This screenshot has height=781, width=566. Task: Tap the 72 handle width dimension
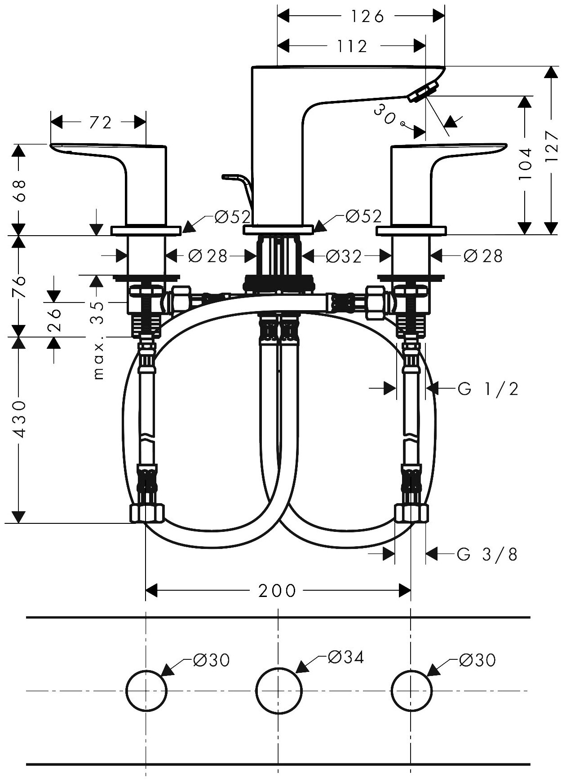point(101,122)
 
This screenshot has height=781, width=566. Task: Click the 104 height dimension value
point(525,164)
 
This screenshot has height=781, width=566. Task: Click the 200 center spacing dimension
point(278,591)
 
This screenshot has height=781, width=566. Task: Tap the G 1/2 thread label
point(488,389)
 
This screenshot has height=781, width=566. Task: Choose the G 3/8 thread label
point(487,555)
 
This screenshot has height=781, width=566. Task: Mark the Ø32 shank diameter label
point(344,256)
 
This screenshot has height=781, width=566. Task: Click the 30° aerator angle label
point(385,114)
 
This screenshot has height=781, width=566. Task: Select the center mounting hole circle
point(279,690)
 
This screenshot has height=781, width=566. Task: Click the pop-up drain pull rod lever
point(238,184)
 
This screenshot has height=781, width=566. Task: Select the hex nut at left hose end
point(147,513)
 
